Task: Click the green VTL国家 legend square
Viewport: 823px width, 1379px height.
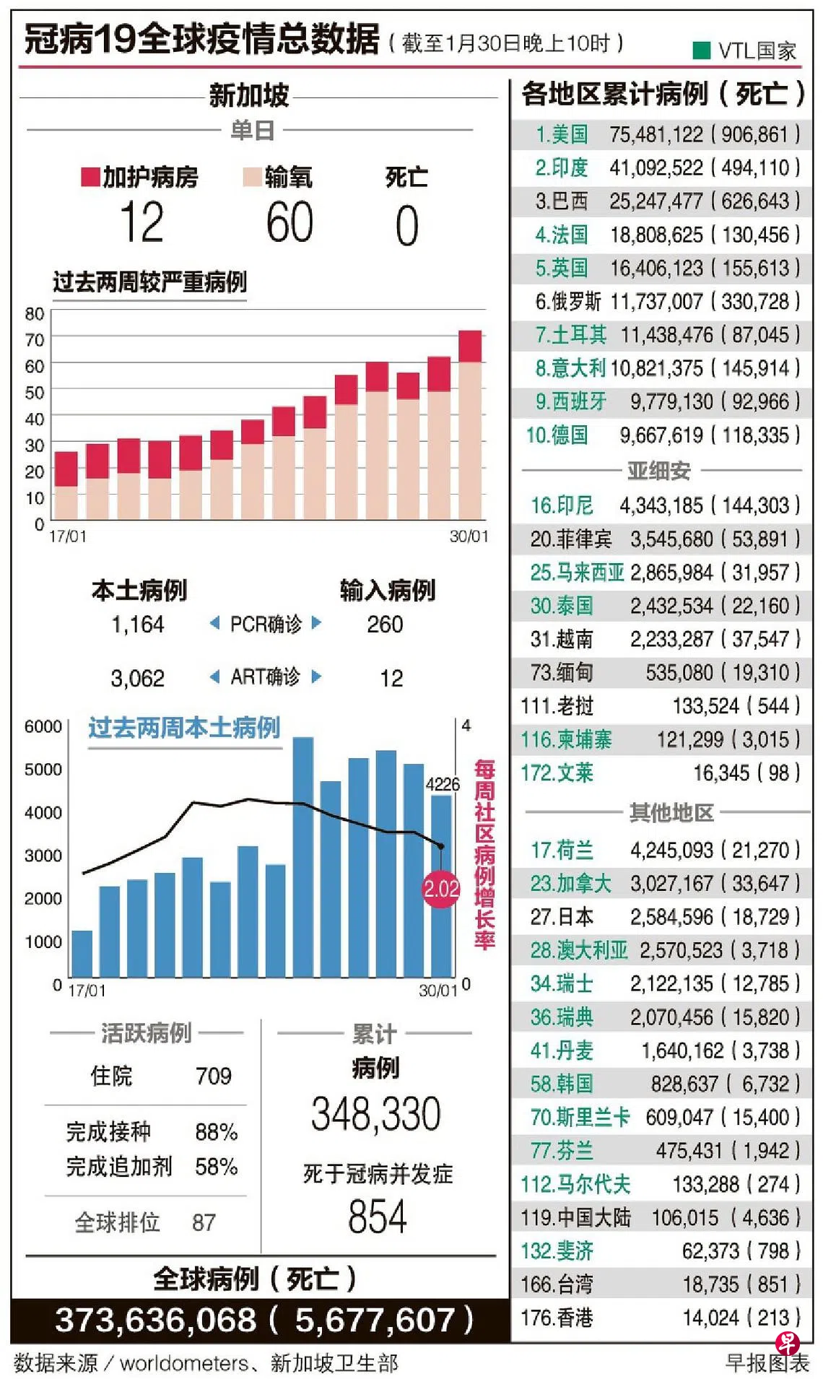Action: [701, 50]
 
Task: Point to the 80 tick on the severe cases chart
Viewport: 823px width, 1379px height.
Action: [35, 314]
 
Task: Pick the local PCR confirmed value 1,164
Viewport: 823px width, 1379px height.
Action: [137, 624]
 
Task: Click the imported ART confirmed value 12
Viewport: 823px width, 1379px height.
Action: [391, 678]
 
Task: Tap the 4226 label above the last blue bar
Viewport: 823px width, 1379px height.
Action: [442, 784]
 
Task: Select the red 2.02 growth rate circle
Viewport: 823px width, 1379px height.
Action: [441, 888]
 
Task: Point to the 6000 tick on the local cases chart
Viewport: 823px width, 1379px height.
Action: [43, 726]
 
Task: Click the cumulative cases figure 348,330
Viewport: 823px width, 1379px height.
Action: [375, 1114]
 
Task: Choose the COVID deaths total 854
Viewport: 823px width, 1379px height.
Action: [377, 1217]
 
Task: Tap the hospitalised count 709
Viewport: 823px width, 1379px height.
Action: [213, 1076]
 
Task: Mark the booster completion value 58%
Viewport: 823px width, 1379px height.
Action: [216, 1167]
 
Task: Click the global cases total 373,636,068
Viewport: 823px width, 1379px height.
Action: [155, 1320]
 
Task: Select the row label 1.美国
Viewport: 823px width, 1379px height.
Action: [561, 134]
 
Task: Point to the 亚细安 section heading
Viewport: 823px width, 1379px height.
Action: [658, 471]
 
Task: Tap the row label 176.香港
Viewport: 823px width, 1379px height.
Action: [557, 1318]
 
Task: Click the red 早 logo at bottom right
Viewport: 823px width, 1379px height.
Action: [787, 1344]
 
